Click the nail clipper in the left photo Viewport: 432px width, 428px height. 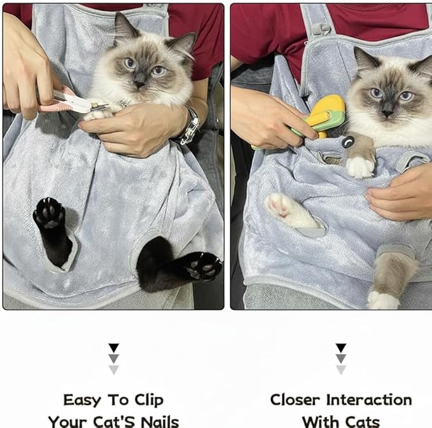[x=74, y=101]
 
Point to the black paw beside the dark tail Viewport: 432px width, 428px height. [x=201, y=265]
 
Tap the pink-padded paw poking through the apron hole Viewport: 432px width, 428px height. [x=284, y=207]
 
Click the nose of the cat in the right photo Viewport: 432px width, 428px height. [x=387, y=111]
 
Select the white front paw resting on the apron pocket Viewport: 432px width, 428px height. [x=360, y=167]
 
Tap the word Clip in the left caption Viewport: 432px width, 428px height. [x=148, y=400]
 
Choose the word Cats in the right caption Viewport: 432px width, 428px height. [x=361, y=421]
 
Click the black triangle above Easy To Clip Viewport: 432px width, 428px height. [x=113, y=348]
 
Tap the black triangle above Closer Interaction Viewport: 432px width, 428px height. [x=341, y=348]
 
